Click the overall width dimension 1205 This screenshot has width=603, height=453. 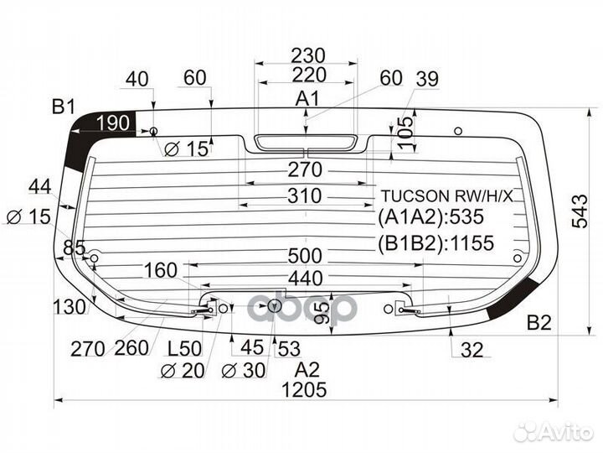click(304, 390)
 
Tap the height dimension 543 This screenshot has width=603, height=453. click(580, 211)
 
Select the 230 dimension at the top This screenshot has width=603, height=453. click(308, 55)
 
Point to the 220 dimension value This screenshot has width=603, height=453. click(309, 75)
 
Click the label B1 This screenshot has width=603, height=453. click(64, 107)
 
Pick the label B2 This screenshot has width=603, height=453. click(539, 322)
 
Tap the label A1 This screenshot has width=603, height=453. click(307, 99)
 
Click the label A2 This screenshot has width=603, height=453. click(307, 370)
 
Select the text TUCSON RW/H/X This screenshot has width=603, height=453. click(447, 196)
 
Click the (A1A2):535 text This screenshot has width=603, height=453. click(430, 217)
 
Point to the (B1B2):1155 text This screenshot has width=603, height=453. click(435, 243)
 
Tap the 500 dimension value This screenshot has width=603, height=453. click(305, 256)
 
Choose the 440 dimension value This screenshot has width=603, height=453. click(306, 279)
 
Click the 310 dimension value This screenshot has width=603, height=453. click(305, 195)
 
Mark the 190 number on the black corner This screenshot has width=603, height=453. click(113, 123)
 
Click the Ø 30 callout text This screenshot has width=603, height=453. click(244, 371)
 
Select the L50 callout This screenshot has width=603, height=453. click(184, 349)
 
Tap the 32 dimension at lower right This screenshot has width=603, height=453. click(472, 350)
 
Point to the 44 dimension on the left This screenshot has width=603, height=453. click(40, 187)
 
